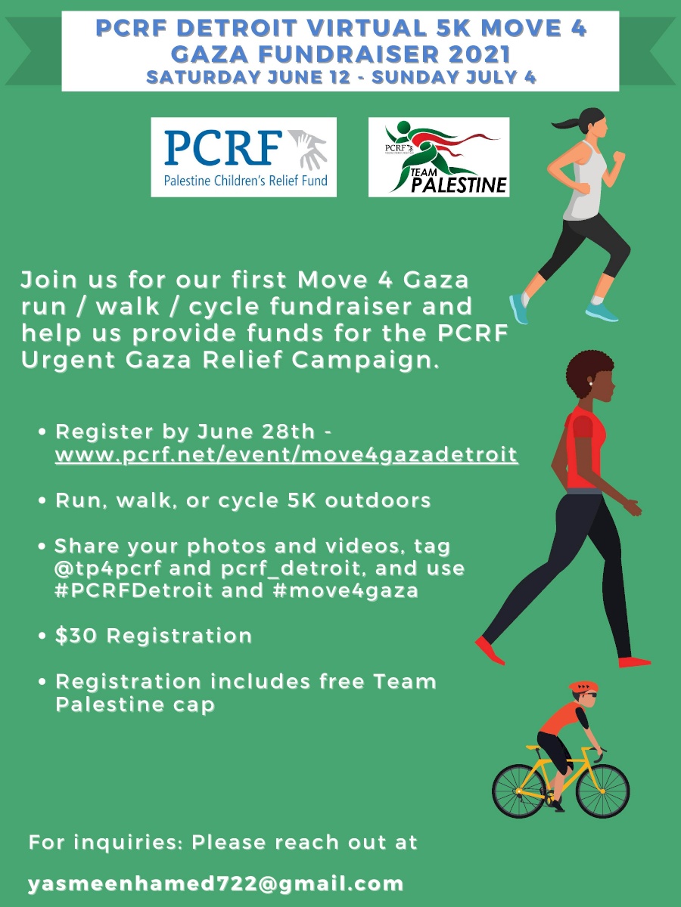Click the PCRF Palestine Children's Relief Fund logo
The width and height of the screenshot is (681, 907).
tap(243, 156)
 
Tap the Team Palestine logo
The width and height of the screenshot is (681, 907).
tap(438, 156)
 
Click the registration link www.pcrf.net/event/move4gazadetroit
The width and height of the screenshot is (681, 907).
tap(286, 455)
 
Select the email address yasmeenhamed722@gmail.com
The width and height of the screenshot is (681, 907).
tap(216, 884)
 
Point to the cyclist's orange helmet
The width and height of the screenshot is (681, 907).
tap(583, 687)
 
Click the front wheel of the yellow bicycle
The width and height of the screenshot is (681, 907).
tap(602, 791)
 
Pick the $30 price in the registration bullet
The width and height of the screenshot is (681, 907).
tap(77, 636)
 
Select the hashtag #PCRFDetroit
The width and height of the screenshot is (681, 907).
tap(134, 590)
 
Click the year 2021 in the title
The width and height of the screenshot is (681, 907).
tap(470, 54)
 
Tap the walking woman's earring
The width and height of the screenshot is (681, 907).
tap(589, 384)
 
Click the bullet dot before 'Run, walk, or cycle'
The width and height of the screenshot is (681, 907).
tap(45, 500)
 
